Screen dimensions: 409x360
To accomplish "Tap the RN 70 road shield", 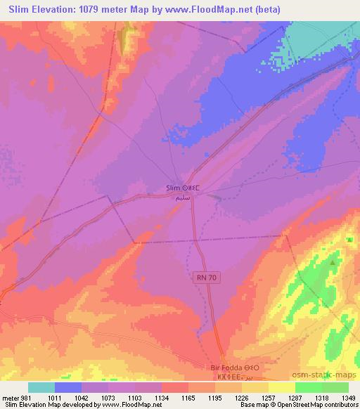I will [203, 279].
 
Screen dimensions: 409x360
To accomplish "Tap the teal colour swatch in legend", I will [41, 387].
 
